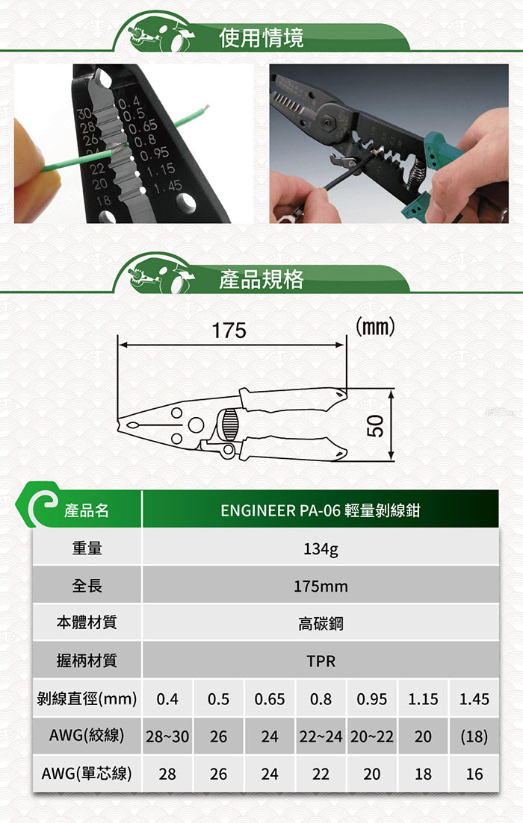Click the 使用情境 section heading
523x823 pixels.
pos(261,38)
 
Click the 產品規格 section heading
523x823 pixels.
pos(261,279)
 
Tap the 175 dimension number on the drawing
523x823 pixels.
pos(229,331)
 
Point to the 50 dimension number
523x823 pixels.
pos(377,425)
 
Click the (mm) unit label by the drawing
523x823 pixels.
pos(375,327)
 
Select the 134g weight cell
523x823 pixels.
pos(321,549)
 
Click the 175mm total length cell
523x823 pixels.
pos(321,586)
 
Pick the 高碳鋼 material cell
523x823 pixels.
pos(321,624)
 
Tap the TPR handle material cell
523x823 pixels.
pos(321,661)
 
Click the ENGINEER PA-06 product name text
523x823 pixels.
pos(321,510)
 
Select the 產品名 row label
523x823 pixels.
pos(86,510)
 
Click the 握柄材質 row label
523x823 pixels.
pos(87,661)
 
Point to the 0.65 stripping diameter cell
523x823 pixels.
pos(270,699)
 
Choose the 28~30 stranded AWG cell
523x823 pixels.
pos(167,737)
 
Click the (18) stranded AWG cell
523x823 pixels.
pos(474,737)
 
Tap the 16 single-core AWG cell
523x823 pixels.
pos(474,775)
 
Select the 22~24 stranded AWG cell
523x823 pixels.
pos(321,737)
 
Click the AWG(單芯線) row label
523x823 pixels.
pos(87,775)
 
